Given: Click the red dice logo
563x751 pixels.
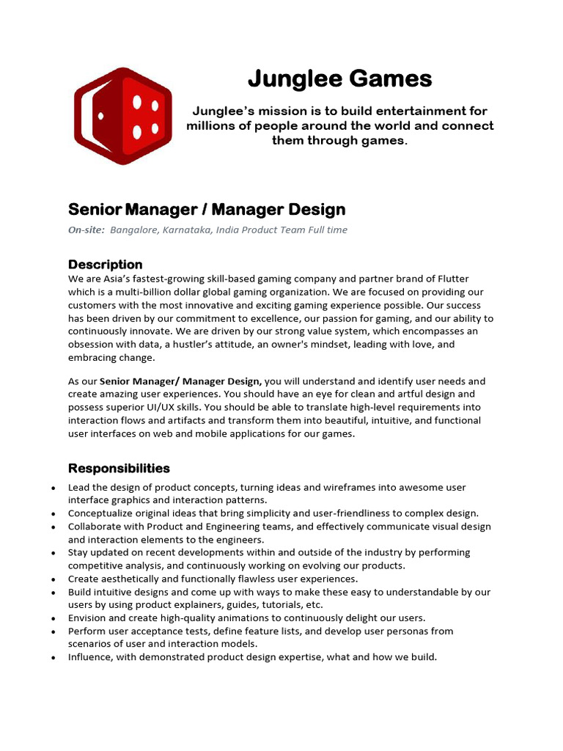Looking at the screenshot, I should [x=122, y=115].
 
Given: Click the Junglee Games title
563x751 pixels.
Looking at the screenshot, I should [x=339, y=78].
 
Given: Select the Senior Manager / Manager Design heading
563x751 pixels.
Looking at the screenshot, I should [x=207, y=210].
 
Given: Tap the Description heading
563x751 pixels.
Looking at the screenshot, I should [x=105, y=264].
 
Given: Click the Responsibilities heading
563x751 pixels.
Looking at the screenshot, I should [x=119, y=468].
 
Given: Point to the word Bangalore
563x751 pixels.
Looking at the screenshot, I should [x=134, y=230].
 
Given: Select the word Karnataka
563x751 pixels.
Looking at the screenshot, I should [x=188, y=230].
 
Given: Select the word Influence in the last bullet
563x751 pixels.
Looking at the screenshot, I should [x=92, y=657].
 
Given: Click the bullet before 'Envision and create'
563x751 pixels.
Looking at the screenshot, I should [x=54, y=618].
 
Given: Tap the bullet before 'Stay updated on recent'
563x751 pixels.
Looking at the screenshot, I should [x=54, y=553].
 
